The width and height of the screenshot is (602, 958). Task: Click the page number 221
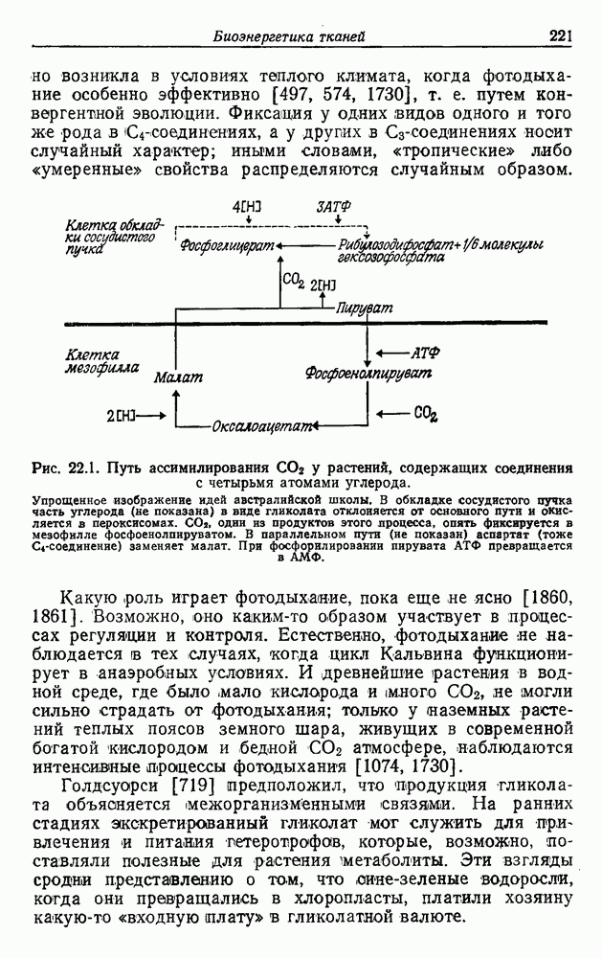click(560, 37)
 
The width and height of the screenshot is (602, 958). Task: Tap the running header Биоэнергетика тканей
click(288, 37)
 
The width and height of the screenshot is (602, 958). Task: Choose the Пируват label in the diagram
click(365, 308)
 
